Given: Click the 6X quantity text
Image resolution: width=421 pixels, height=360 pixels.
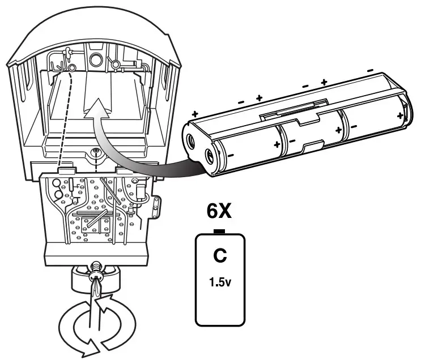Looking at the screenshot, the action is (219, 211).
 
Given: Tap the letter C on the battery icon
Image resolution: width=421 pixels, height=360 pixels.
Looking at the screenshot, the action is (220, 256).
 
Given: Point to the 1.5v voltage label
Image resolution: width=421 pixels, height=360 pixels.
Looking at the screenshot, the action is (220, 282).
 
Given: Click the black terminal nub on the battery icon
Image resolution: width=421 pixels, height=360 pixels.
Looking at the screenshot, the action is (219, 232).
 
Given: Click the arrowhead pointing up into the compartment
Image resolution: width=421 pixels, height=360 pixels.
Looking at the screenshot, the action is (97, 108).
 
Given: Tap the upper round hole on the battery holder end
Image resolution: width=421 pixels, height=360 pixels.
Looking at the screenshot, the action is (191, 140).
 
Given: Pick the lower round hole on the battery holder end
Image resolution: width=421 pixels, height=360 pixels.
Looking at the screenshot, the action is (210, 156).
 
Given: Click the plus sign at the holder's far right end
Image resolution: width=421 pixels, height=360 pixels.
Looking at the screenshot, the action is (401, 116).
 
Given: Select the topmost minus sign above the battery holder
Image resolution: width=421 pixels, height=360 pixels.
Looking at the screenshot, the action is (370, 71).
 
